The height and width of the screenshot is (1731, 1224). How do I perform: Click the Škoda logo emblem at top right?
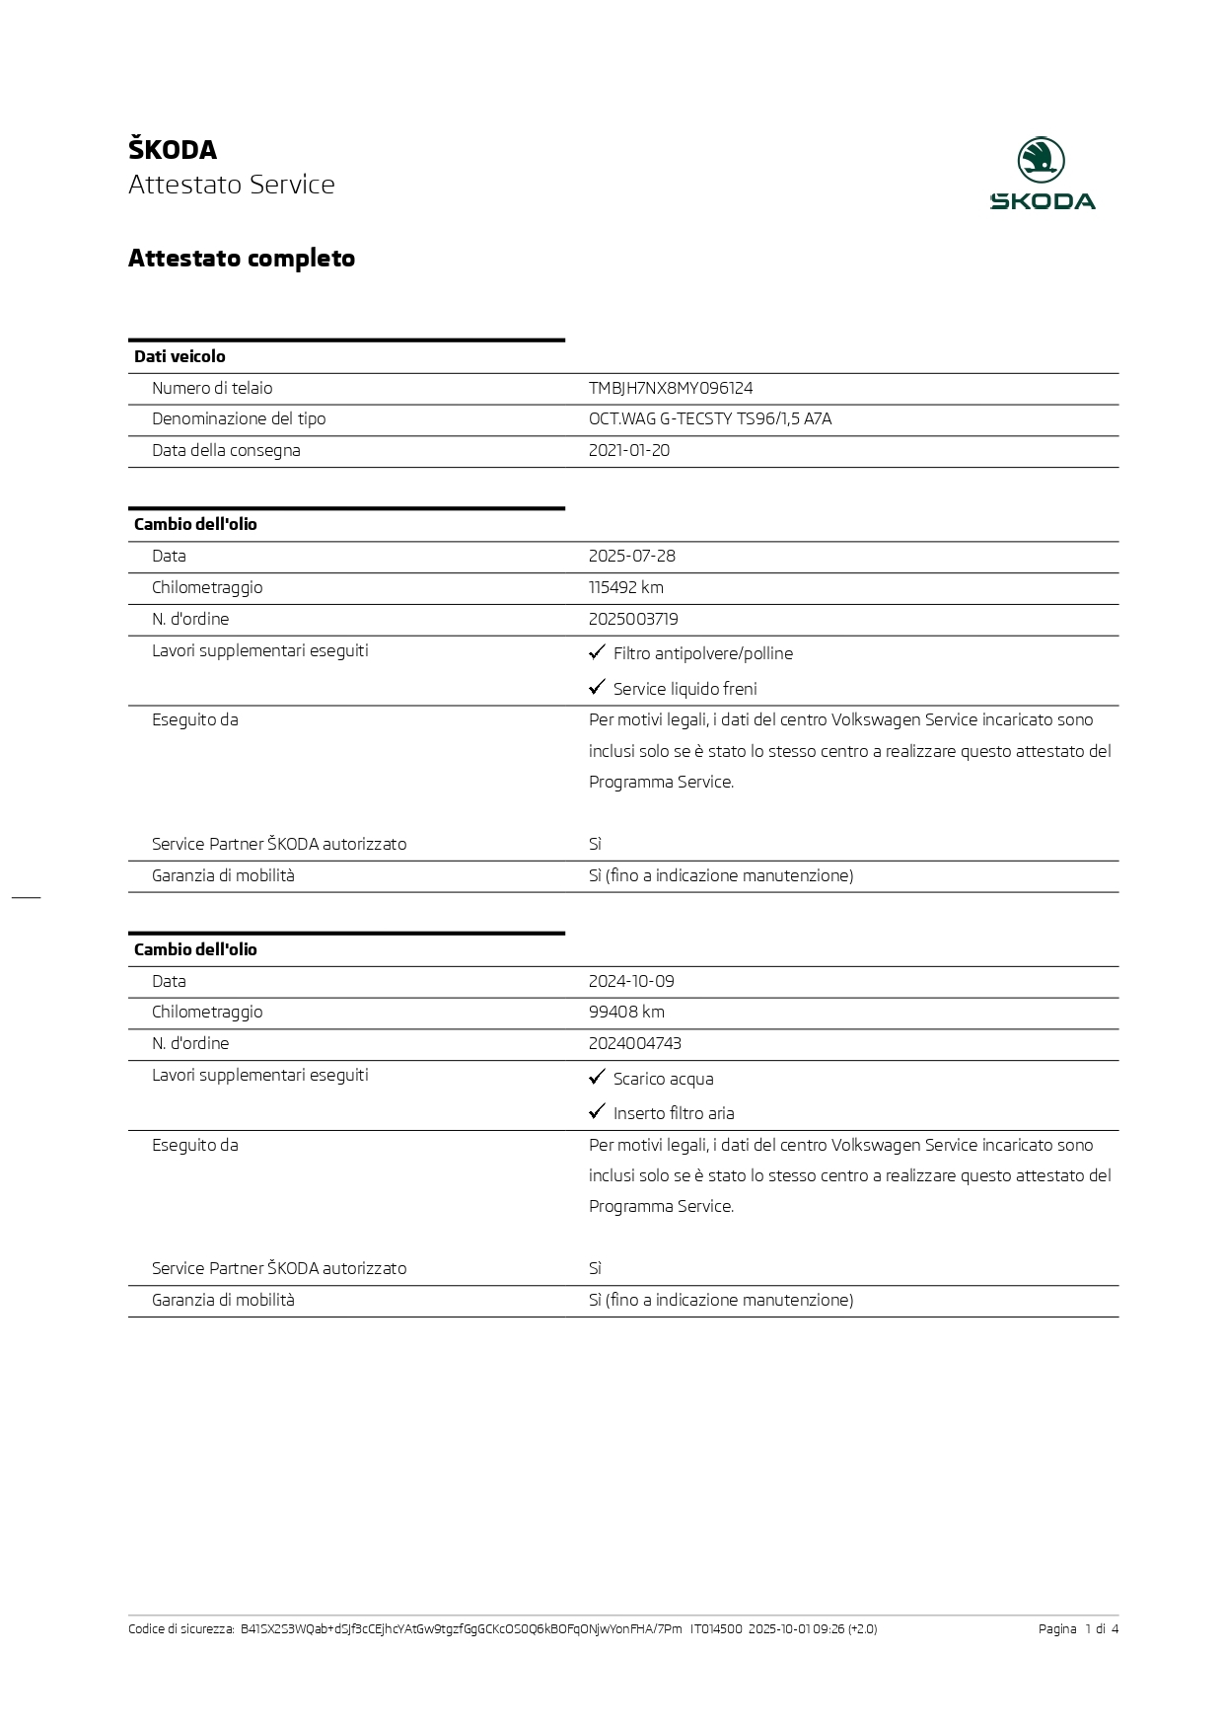pyautogui.click(x=1042, y=160)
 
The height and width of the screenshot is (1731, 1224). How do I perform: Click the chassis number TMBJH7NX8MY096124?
pyautogui.click(x=671, y=388)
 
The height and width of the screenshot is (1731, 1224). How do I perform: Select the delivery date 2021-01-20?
pyautogui.click(x=629, y=450)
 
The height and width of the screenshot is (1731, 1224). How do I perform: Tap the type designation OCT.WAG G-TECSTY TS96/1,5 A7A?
pyautogui.click(x=710, y=418)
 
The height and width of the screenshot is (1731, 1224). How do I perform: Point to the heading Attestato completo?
pyautogui.click(x=242, y=259)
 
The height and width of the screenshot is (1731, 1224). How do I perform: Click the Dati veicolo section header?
pyautogui.click(x=180, y=356)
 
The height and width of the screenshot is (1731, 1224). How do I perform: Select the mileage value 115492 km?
pyautogui.click(x=626, y=587)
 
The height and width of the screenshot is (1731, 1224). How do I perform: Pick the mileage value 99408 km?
pyautogui.click(x=626, y=1012)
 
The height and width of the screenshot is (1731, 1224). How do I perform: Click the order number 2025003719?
pyautogui.click(x=633, y=619)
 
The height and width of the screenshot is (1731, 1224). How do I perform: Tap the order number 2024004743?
pyautogui.click(x=635, y=1043)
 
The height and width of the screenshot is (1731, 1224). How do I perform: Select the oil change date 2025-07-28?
pyautogui.click(x=632, y=556)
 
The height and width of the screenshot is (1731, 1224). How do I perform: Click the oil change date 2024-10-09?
pyautogui.click(x=631, y=981)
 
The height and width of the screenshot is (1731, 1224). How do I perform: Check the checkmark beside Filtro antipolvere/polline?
pyautogui.click(x=597, y=652)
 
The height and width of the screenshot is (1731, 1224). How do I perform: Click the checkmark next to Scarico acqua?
pyautogui.click(x=597, y=1077)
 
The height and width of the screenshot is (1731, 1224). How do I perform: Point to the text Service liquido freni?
pyautogui.click(x=685, y=689)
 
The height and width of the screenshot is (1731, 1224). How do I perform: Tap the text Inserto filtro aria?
pyautogui.click(x=674, y=1113)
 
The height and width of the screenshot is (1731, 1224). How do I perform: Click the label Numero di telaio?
pyautogui.click(x=212, y=388)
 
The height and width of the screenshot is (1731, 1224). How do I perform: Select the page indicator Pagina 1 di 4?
pyautogui.click(x=1078, y=1629)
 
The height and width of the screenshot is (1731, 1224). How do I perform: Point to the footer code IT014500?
pyautogui.click(x=716, y=1629)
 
